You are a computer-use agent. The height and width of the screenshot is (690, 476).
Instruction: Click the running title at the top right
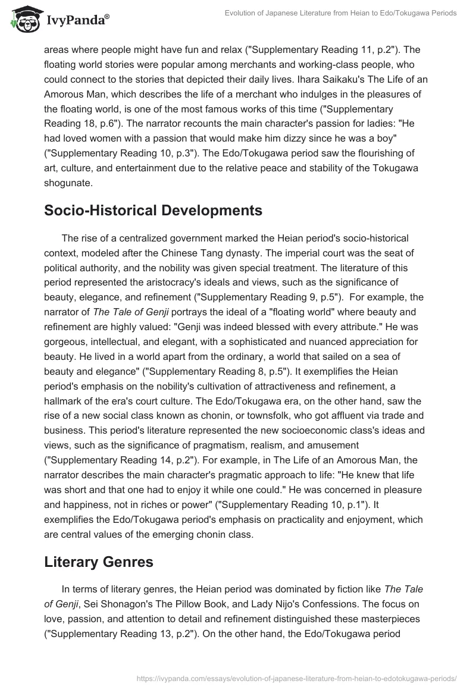pos(340,13)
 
